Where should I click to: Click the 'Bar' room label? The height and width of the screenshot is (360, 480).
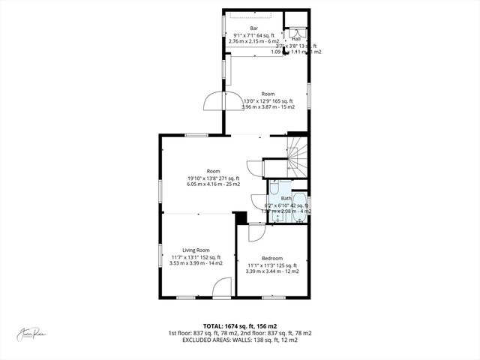pyautogui.click(x=253, y=28)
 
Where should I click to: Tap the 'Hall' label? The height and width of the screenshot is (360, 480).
pyautogui.click(x=295, y=38)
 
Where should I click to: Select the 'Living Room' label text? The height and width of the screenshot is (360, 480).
pyautogui.click(x=196, y=250)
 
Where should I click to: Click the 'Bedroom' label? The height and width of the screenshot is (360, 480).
pyautogui.click(x=271, y=257)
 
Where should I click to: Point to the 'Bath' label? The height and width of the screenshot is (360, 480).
pyautogui.click(x=286, y=198)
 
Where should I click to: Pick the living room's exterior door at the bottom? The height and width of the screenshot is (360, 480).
pyautogui.click(x=221, y=288)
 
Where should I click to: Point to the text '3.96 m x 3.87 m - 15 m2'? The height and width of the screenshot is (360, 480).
pyautogui.click(x=268, y=107)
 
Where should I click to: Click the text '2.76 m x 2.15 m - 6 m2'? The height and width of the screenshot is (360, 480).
pyautogui.click(x=253, y=40)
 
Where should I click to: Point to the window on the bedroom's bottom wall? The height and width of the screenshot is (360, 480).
pyautogui.click(x=273, y=297)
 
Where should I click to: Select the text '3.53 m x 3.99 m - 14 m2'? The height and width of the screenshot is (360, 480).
pyautogui.click(x=196, y=263)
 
